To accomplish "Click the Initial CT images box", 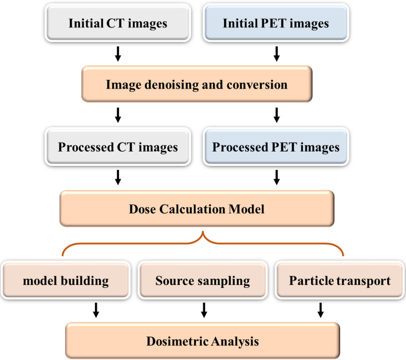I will [x=119, y=24].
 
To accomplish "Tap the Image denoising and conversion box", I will [x=197, y=85].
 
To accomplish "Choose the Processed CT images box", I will [x=119, y=147].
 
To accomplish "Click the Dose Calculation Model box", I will [x=197, y=209].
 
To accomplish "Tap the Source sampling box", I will [x=203, y=281].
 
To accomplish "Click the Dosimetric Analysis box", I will [x=203, y=342].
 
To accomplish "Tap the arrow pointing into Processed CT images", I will [x=119, y=115].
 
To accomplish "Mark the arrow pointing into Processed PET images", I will [x=277, y=115].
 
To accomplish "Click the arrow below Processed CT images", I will [x=119, y=177].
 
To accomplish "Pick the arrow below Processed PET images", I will [x=277, y=177].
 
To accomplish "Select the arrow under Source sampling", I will [x=203, y=310].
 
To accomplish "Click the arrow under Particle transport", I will [x=320, y=310].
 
